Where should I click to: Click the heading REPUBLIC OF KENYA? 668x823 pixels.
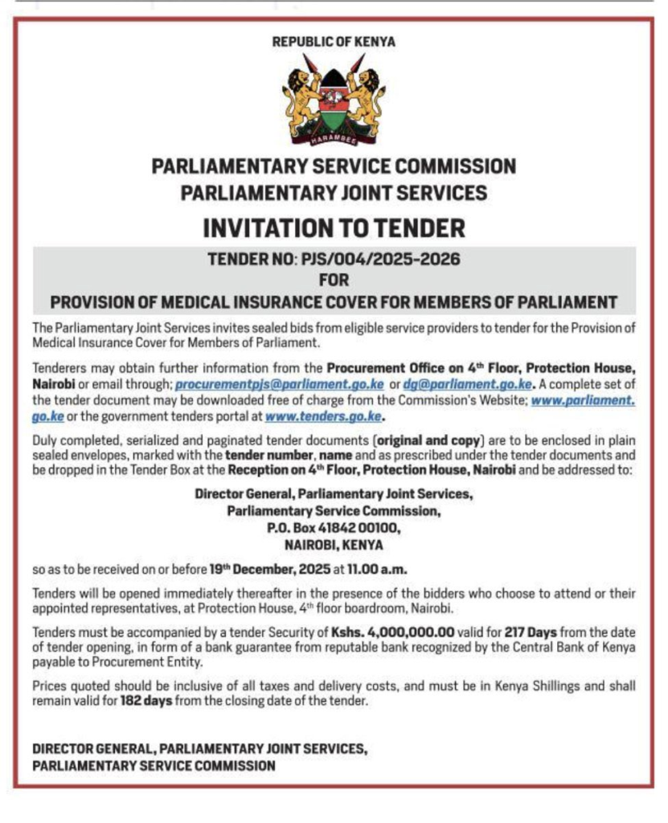click(x=334, y=41)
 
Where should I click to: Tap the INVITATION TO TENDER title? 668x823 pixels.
click(x=334, y=227)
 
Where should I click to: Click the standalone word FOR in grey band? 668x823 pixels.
click(x=334, y=280)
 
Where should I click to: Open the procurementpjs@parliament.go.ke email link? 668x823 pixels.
click(x=280, y=385)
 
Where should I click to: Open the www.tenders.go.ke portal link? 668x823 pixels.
click(x=322, y=416)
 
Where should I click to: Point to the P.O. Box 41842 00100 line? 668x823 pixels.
click(x=334, y=529)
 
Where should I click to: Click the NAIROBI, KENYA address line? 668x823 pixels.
click(x=334, y=545)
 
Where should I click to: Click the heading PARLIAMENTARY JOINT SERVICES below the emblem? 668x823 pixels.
click(x=334, y=193)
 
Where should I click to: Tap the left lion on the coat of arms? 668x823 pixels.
click(x=299, y=98)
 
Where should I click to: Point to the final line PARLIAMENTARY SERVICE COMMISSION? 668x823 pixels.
click(x=154, y=766)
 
